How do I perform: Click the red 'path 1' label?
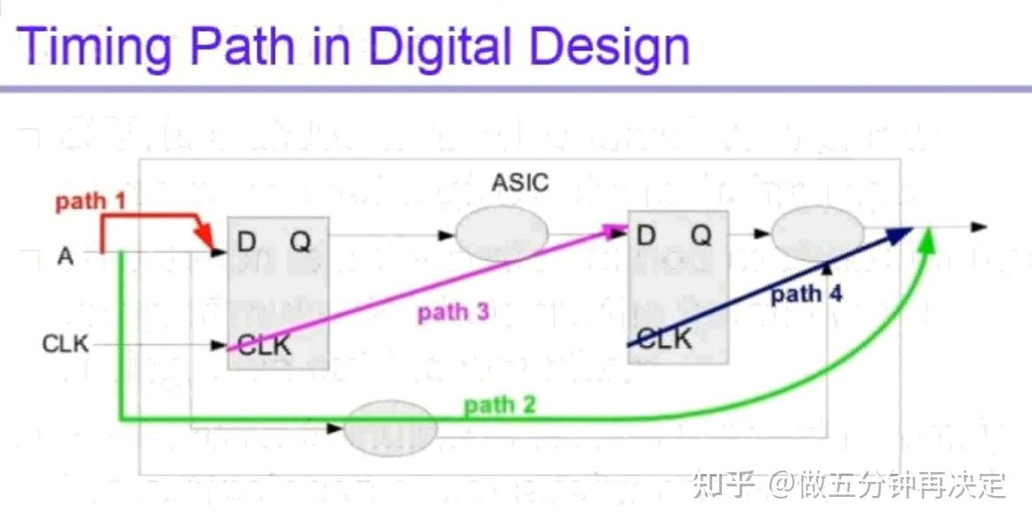coord(91,202)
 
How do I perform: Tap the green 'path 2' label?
coord(500,406)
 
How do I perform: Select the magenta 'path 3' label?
coord(453,312)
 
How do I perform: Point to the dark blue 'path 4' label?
coord(806,295)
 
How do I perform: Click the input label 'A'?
coord(65,256)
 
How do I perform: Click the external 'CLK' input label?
coord(65,343)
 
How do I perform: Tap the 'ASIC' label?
coord(520,184)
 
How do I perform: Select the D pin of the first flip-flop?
coord(247,240)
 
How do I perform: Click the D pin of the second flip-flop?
coord(646,236)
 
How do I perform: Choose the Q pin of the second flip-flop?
coord(700,236)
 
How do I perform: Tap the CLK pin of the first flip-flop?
coord(264,345)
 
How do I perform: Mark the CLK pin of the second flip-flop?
coord(664,338)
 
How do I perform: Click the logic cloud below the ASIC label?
coord(501,234)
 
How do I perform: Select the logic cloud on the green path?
coord(389,428)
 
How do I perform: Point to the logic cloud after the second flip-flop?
coord(817,234)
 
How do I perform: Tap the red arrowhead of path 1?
coord(206,237)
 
